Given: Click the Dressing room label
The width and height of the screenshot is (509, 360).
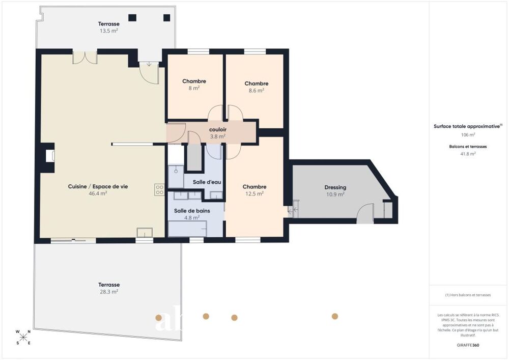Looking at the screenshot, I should [335, 187].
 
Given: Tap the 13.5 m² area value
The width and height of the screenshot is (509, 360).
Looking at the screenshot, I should [109, 31].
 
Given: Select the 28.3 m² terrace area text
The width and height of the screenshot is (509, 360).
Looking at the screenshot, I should [109, 292].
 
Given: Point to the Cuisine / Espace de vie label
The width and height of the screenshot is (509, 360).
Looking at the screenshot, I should [98, 187].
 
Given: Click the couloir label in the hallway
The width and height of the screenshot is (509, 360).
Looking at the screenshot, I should [217, 130].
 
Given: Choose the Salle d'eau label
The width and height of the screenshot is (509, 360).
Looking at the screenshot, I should [206, 182].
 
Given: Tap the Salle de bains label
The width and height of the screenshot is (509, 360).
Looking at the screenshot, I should [191, 211].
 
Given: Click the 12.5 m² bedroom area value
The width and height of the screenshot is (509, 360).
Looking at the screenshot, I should [254, 193].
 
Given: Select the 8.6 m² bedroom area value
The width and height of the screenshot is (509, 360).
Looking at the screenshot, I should [256, 91].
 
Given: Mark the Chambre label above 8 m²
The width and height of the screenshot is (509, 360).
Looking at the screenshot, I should [194, 81].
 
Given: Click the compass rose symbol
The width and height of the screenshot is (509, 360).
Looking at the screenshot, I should [23, 337].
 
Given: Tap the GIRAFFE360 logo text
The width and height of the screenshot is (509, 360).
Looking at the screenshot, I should [468, 345].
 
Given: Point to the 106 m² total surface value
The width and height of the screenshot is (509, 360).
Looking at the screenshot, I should [468, 135].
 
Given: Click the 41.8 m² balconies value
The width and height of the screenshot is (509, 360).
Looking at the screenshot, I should [468, 153].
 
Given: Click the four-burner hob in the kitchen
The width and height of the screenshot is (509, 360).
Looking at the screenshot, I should [159, 190].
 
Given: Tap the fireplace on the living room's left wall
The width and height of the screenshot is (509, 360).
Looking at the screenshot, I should [49, 155].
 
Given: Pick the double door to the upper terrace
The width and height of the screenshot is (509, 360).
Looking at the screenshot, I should [84, 57].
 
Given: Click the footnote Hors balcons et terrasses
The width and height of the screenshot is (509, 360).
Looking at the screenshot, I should [468, 295].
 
